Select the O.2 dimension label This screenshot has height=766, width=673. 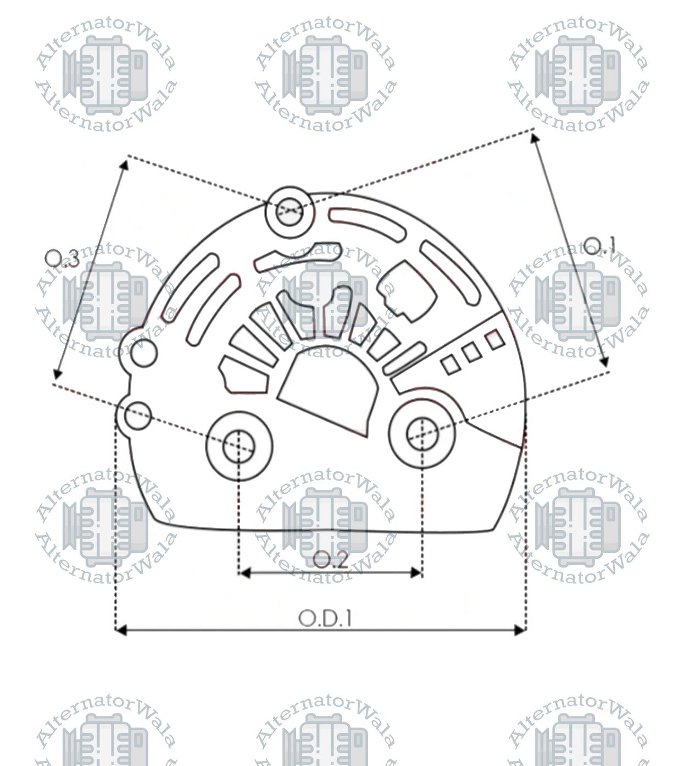[330, 560]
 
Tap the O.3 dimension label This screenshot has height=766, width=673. [62, 257]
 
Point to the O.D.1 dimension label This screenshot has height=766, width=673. [325, 618]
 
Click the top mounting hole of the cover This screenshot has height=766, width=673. [289, 211]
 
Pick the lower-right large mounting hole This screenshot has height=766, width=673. [422, 434]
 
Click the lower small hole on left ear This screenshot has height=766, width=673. [137, 415]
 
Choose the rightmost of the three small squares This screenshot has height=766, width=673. [496, 339]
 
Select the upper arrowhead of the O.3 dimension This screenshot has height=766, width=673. [125, 164]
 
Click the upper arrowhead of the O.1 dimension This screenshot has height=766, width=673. [535, 137]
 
